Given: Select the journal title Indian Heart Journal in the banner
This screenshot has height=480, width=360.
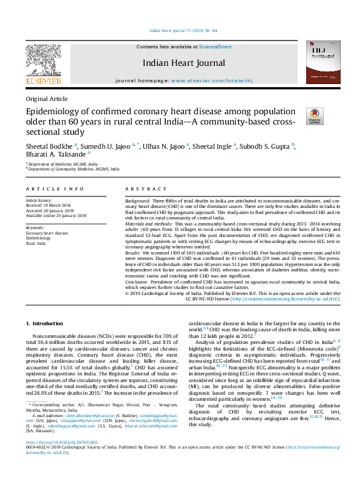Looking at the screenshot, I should click(x=183, y=63).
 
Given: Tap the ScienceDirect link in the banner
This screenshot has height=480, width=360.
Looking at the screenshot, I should click(x=215, y=47).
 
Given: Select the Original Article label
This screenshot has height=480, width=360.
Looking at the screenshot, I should click(x=47, y=99).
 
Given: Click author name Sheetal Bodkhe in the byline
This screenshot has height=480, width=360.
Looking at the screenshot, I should click(x=49, y=146).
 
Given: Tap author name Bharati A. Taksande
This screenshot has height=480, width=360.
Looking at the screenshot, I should click(x=56, y=155).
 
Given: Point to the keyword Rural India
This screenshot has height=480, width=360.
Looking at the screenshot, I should click(x=37, y=243).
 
